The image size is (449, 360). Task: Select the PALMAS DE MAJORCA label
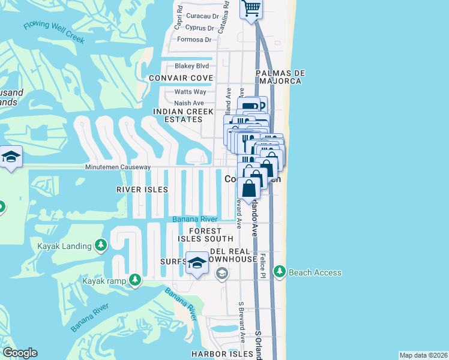[x=281, y=77]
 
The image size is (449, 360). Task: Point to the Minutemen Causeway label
[x=118, y=167]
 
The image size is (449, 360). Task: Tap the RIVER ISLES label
[x=142, y=189]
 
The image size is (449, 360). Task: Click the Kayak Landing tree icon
[x=101, y=245]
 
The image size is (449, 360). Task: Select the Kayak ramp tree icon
[x=136, y=280]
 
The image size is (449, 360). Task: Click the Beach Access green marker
[x=279, y=272]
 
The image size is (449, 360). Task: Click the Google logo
[x=20, y=353]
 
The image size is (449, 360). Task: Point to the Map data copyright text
[x=423, y=355]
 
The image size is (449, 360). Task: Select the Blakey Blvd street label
[x=191, y=66]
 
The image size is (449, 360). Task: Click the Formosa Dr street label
[x=194, y=40]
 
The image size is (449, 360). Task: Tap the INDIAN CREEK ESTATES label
[x=178, y=115]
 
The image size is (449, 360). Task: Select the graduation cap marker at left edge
[x=11, y=157]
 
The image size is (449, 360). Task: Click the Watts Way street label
[x=190, y=92]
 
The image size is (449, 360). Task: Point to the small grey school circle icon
[x=221, y=274]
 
